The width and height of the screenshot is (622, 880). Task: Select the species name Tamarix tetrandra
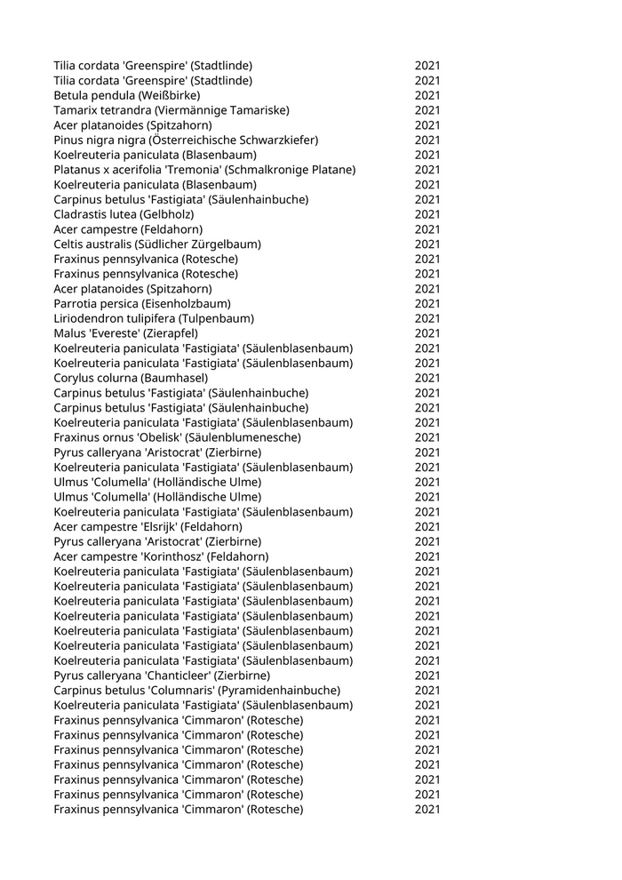(100, 110)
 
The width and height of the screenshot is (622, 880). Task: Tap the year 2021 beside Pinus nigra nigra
(427, 140)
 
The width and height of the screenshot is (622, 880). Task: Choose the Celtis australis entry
(156, 244)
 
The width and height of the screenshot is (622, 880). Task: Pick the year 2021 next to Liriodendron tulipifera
(427, 318)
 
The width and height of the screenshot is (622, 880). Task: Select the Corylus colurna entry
(131, 378)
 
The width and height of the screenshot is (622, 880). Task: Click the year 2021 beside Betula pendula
(427, 95)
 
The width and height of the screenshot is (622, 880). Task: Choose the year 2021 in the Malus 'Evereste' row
(427, 333)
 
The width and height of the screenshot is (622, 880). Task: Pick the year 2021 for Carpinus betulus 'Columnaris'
(427, 690)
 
